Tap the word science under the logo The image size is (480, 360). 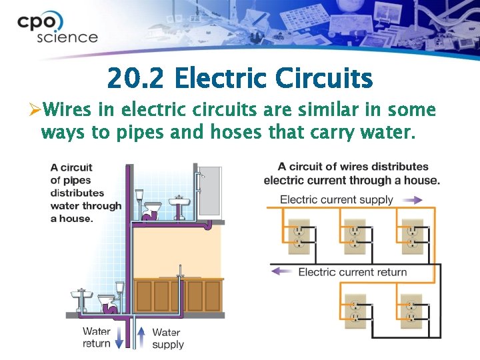coord(67,37)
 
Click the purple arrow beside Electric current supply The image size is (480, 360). coord(413,199)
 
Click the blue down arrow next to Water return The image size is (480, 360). coord(119,337)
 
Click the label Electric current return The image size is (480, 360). coord(352,271)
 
